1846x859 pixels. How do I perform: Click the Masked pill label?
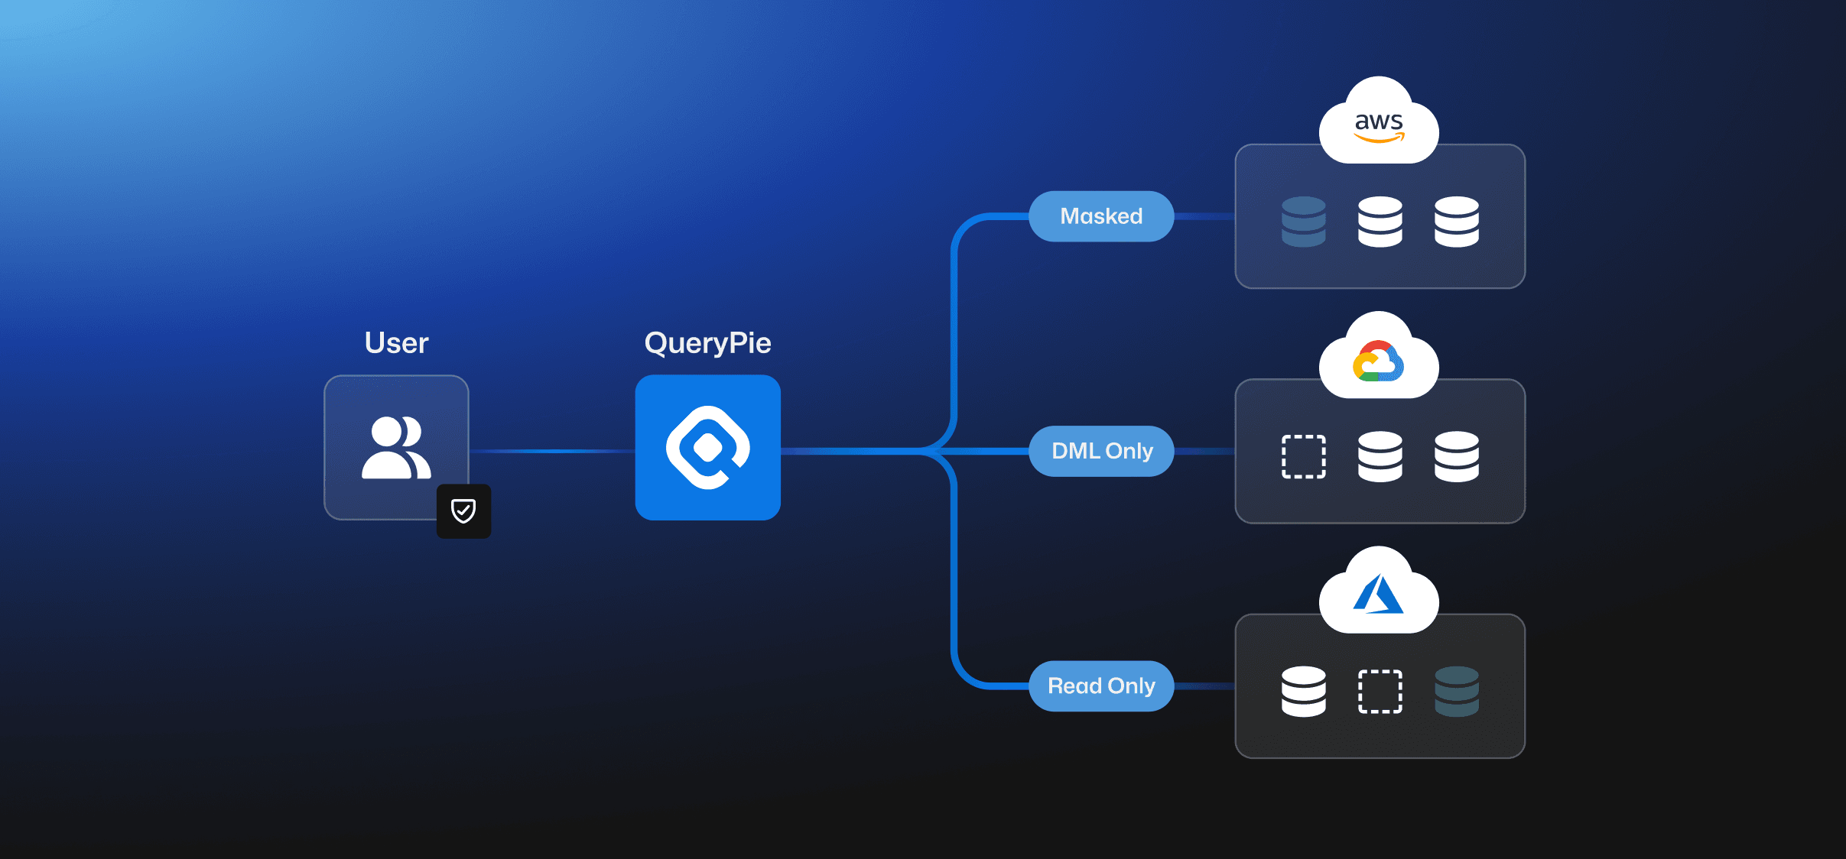tap(1101, 216)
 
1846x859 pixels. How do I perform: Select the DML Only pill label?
tap(1101, 451)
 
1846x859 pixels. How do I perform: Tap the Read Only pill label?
tap(1101, 686)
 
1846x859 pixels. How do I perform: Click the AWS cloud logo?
tap(1379, 125)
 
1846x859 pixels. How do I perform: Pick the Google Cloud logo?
tap(1378, 361)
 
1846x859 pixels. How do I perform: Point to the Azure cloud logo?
tap(1378, 595)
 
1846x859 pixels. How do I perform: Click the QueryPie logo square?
tap(707, 448)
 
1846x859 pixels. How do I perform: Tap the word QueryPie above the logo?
tap(707, 343)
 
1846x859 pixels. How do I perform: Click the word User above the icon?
tap(396, 343)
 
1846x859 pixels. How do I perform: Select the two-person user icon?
tap(396, 448)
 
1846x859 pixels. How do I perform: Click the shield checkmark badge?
tap(463, 511)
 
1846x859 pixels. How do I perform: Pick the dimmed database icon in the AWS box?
tap(1304, 222)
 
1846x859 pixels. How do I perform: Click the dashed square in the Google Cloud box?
tap(1304, 456)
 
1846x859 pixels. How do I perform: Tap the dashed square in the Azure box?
tap(1380, 691)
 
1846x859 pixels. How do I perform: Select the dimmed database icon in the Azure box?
tap(1457, 691)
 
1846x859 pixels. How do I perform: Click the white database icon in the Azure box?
tap(1304, 691)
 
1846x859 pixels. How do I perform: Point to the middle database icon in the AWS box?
tap(1380, 222)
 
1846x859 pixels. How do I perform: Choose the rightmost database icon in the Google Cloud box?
tap(1457, 456)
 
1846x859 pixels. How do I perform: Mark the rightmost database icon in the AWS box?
tap(1457, 222)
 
